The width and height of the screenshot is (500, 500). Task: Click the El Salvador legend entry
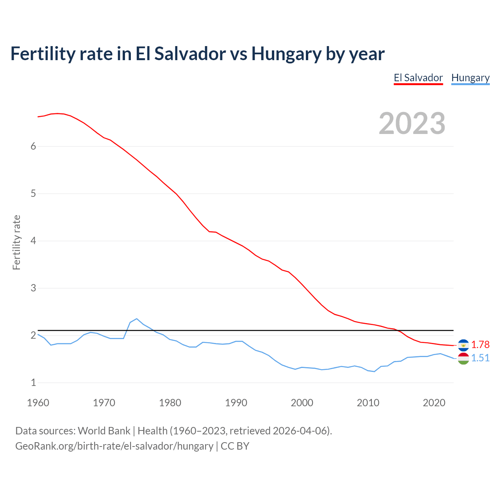pos(418,78)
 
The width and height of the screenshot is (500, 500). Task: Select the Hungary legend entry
pos(470,78)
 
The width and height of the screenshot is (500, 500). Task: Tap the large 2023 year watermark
pos(412,123)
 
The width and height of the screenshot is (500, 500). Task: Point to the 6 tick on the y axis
pos(33,146)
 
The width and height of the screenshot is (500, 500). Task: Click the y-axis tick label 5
pos(33,193)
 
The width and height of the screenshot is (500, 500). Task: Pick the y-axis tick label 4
pos(33,241)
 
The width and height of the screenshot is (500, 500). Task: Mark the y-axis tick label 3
pos(33,288)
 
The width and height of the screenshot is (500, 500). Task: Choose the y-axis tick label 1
pos(33,382)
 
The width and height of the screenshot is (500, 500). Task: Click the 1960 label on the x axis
pos(38,403)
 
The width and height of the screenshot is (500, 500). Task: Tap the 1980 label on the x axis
pos(170,403)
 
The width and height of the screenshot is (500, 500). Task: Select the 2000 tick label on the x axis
pos(302,403)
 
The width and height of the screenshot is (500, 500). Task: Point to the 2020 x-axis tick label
pos(434,403)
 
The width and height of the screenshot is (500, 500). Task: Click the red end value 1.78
pos(480,345)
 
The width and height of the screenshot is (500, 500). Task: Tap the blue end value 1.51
pos(480,358)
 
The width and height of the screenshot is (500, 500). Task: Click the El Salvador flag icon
pos(463,345)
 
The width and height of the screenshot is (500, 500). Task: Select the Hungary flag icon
pos(463,359)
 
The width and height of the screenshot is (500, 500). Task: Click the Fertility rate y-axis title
pos(16,242)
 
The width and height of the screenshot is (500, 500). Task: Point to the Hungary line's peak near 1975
pos(136,319)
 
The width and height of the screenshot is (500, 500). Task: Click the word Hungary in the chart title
pos(286,54)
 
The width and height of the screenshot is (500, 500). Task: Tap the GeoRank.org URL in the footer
pos(114,446)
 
